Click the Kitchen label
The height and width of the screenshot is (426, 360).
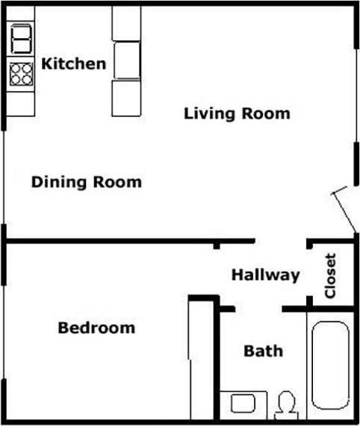(73, 63)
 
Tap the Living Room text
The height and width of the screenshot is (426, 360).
(237, 114)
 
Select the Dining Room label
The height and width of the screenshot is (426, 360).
(87, 182)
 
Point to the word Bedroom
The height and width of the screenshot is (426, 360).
(97, 328)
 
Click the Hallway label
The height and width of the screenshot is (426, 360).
(265, 275)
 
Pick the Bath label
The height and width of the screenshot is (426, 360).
(264, 350)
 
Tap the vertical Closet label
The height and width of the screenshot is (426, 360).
(330, 277)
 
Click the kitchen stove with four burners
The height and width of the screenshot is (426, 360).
(21, 73)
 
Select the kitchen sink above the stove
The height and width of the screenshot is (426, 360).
(21, 37)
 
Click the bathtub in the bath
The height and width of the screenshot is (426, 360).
(329, 366)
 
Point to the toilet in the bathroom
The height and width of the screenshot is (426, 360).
(284, 404)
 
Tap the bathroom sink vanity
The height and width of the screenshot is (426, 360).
(243, 404)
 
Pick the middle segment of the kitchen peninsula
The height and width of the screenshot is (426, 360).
(126, 60)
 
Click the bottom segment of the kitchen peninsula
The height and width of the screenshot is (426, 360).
(126, 98)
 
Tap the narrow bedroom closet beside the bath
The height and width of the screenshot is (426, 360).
(201, 358)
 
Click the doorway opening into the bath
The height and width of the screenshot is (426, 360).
(258, 308)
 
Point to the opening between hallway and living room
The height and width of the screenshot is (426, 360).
(281, 242)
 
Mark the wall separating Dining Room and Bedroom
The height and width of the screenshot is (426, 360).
(112, 241)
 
